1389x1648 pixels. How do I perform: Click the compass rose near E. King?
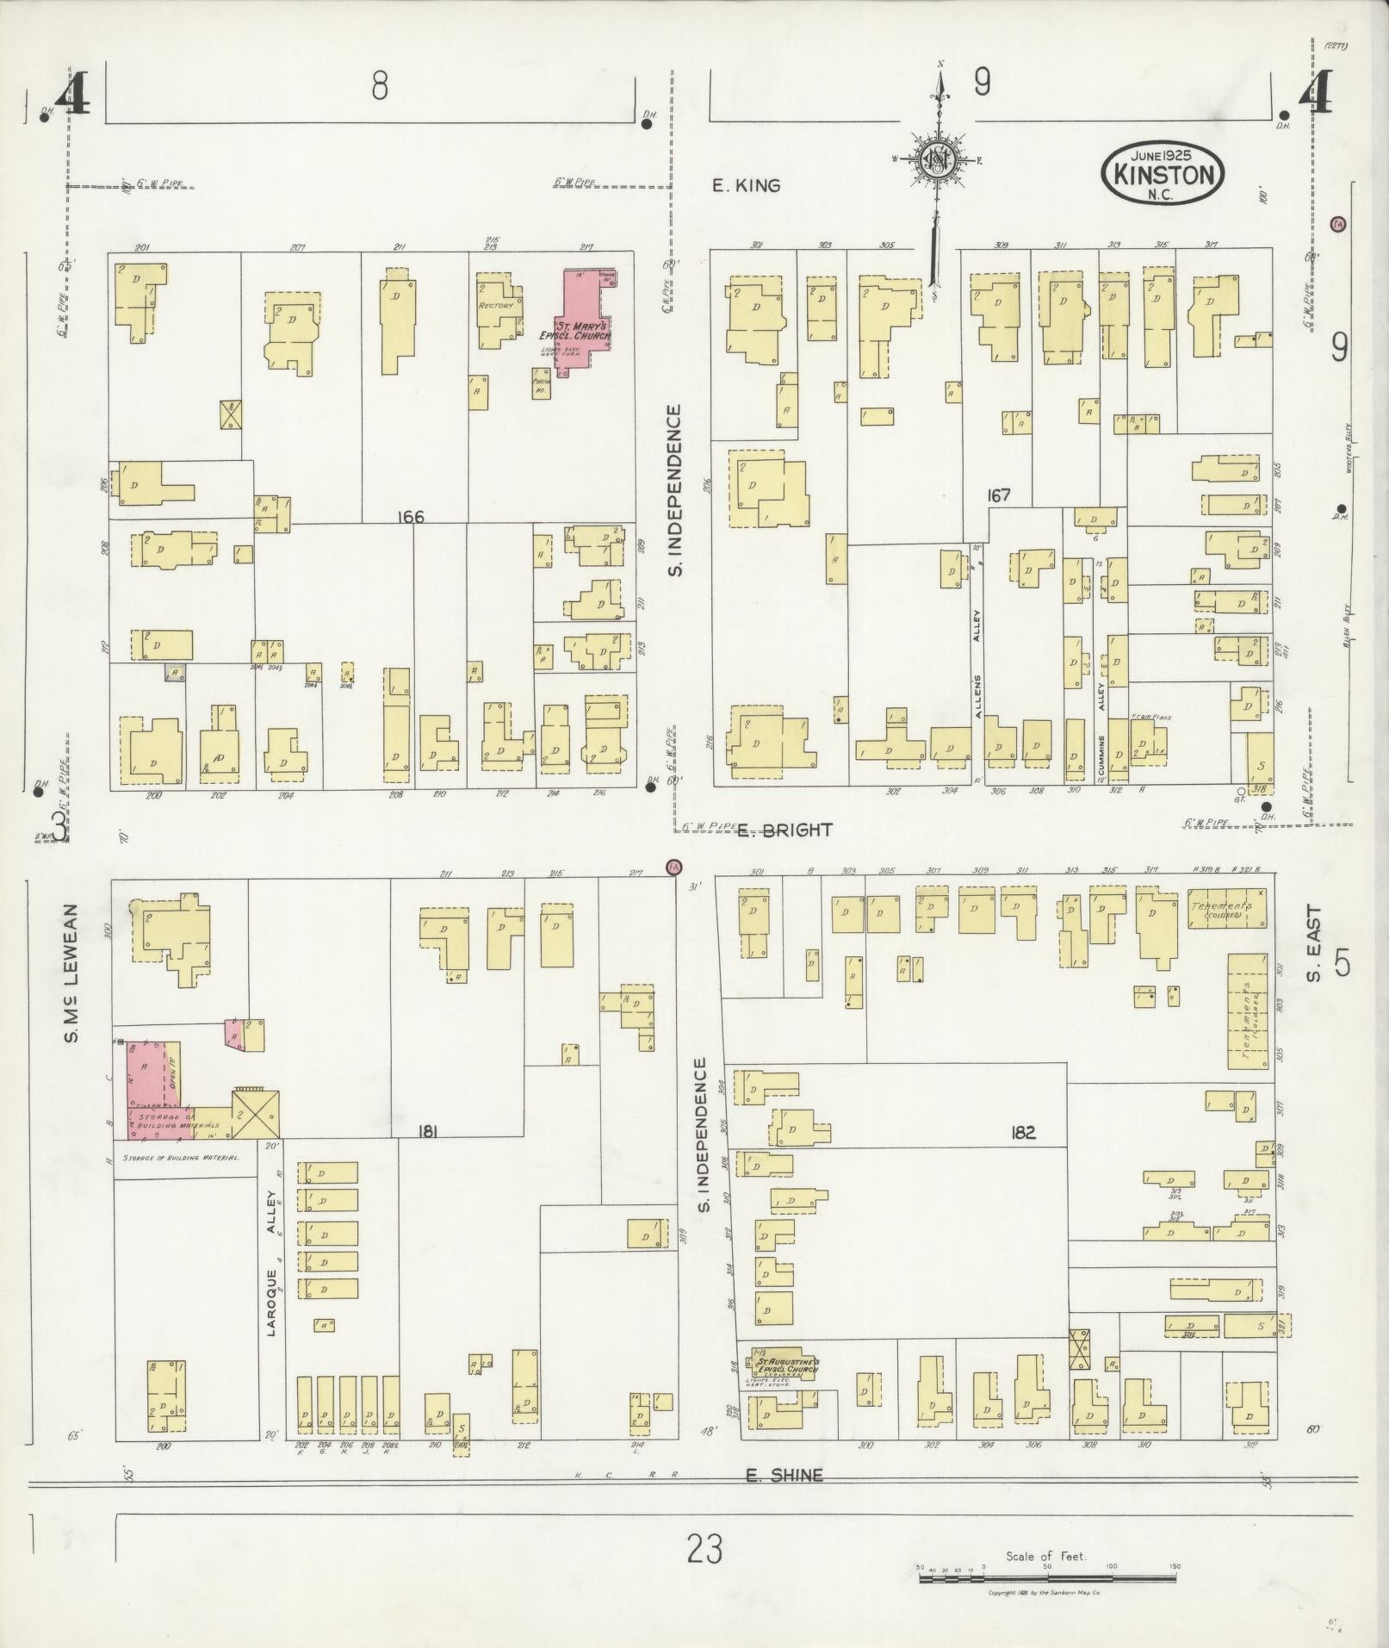[x=936, y=160]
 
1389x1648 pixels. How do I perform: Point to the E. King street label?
[x=746, y=185]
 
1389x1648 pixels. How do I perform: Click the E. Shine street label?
[x=784, y=1475]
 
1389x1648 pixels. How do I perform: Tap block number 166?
[x=411, y=517]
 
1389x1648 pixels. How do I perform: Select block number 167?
[x=999, y=495]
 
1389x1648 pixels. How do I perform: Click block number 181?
[x=426, y=1131]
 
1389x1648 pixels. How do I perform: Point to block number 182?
[x=1023, y=1133]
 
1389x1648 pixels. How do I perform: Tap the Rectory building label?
[x=496, y=306]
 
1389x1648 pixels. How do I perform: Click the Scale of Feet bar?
[x=1047, y=1578]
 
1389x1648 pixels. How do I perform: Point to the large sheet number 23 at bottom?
[x=704, y=1550]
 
